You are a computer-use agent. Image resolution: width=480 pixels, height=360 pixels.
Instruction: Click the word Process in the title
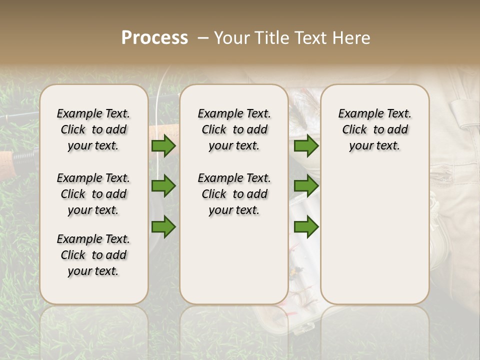tap(154, 38)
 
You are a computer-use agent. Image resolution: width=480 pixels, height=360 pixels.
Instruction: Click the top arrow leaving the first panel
tap(163, 145)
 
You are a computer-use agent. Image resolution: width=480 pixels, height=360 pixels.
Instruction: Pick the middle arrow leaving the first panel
tap(163, 186)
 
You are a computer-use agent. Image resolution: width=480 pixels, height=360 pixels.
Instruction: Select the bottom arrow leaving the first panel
tap(163, 226)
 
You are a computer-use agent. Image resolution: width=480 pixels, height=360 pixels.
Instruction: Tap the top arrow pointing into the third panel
tap(306, 145)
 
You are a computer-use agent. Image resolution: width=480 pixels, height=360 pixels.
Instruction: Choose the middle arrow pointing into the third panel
tap(306, 186)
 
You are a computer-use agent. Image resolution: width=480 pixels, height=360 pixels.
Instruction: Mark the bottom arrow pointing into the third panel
tap(306, 226)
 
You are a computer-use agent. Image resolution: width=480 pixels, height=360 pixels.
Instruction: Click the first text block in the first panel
tap(93, 129)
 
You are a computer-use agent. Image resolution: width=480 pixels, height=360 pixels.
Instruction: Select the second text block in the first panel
tap(93, 194)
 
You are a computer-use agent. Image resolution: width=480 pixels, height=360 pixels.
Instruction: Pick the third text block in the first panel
tap(93, 255)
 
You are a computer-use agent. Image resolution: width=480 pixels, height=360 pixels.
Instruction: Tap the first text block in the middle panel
tap(234, 129)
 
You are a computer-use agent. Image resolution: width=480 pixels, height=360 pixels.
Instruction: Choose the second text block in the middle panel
tap(234, 194)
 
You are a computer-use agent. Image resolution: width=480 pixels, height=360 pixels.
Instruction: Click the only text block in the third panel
tap(374, 129)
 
